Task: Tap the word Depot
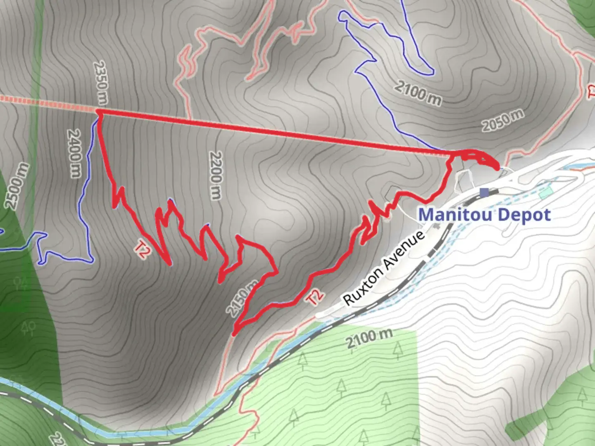point(524,215)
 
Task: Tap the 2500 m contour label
point(17,186)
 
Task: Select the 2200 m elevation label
point(215,175)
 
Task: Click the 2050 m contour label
point(502,120)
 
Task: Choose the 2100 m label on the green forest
point(369,338)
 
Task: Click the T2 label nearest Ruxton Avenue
point(315,297)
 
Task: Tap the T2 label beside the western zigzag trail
point(142,250)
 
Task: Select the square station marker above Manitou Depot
point(484,192)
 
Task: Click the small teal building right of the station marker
point(545,192)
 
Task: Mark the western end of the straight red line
point(99,111)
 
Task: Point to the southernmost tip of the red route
point(234,334)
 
